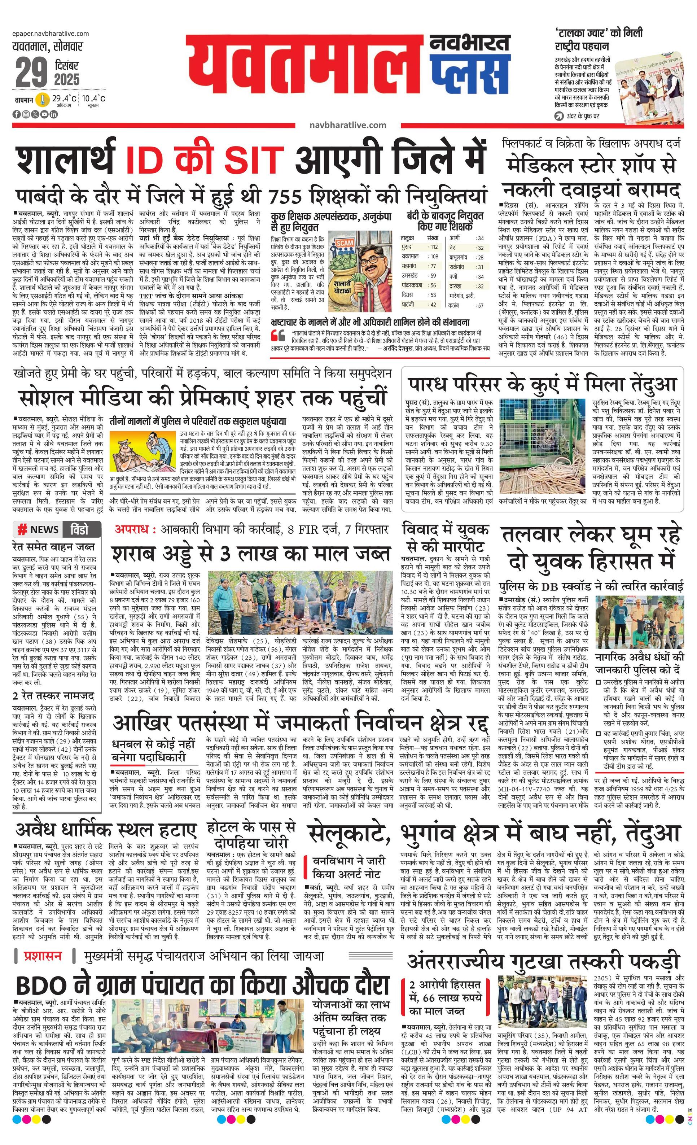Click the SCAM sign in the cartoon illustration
(345, 242)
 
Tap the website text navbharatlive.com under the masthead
(347, 124)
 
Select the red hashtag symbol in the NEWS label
(21, 529)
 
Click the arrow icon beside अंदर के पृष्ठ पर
(559, 116)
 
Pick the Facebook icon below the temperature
(16, 114)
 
